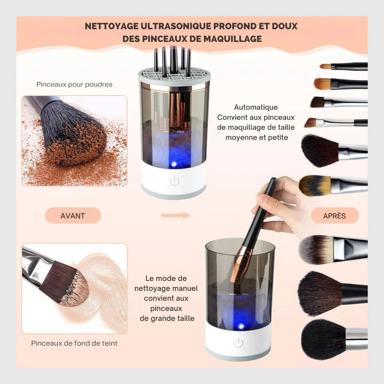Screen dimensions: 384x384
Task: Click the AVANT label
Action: (x=73, y=215)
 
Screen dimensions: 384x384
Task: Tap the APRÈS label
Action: (x=335, y=215)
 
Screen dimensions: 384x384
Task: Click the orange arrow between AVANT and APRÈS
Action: (x=176, y=215)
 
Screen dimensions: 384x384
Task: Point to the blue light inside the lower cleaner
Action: (x=241, y=326)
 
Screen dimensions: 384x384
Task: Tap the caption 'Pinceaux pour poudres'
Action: (x=74, y=84)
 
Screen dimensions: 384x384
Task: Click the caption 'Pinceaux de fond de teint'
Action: (x=74, y=343)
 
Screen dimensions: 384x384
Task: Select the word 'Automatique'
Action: (x=256, y=107)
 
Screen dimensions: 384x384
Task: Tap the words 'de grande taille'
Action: (x=167, y=318)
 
